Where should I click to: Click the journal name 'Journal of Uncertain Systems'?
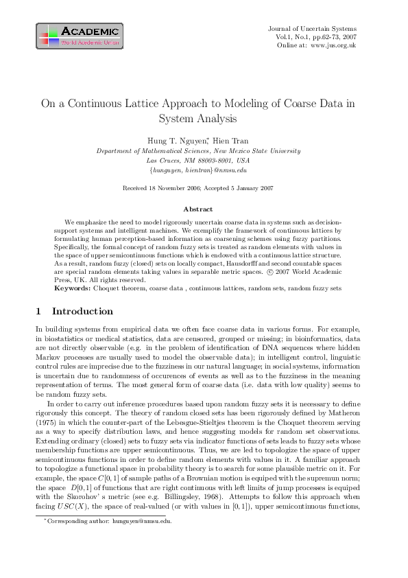coord(312,27)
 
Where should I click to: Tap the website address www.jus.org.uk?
coord(333,45)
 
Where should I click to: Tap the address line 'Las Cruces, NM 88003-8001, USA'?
coord(198,160)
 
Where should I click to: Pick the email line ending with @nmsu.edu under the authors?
coord(197,170)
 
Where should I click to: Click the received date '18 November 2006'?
coord(172,187)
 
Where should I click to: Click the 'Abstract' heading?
coord(197,209)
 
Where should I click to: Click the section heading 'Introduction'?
coord(82,311)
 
